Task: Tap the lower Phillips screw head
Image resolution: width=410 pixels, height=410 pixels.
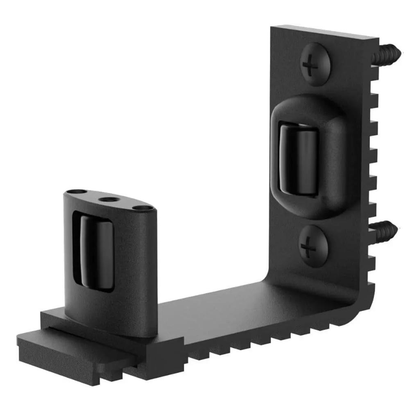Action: tap(313, 246)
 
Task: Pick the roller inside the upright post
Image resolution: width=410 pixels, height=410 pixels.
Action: tap(96, 252)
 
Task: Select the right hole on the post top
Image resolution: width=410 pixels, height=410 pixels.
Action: tap(141, 208)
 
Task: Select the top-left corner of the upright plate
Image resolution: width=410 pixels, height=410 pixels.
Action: tap(273, 28)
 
